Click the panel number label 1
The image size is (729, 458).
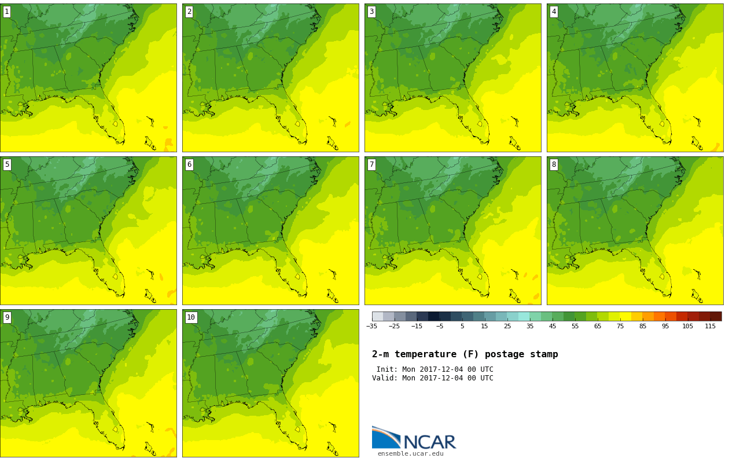(x=7, y=12)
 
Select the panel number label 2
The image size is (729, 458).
(x=189, y=12)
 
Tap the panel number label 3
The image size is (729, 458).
(x=371, y=12)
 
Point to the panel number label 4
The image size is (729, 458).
(x=554, y=12)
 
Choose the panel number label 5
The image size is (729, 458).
(x=7, y=164)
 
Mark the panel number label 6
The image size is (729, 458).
(x=189, y=164)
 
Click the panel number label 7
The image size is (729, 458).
(x=371, y=164)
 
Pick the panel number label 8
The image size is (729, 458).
(x=554, y=164)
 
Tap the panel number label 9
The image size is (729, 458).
(x=7, y=317)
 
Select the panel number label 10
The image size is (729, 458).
(x=191, y=317)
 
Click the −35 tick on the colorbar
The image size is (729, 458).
(x=372, y=327)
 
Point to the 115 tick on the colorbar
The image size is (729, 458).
(x=710, y=327)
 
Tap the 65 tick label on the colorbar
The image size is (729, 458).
(x=598, y=327)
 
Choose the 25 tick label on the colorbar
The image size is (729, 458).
(x=507, y=327)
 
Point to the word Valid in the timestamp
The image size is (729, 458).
(x=384, y=378)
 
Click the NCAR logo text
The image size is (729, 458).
(x=429, y=442)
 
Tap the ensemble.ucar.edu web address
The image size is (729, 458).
(x=410, y=454)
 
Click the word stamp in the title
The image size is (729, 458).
(x=544, y=354)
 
